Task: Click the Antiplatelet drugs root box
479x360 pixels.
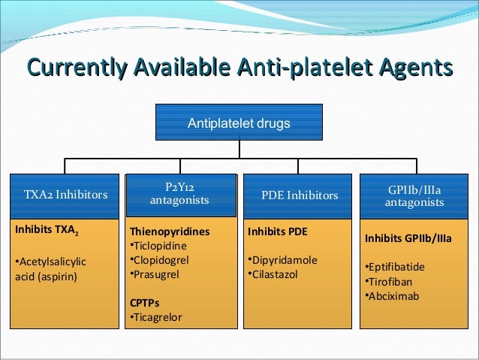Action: (x=239, y=123)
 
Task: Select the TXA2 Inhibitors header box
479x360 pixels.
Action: (x=65, y=195)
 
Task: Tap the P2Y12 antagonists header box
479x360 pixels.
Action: (x=180, y=195)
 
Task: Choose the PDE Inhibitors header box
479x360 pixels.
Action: (x=300, y=195)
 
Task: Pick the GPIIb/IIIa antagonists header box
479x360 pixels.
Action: (x=414, y=195)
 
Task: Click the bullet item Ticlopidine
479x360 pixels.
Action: (x=159, y=246)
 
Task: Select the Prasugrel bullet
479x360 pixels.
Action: (x=156, y=274)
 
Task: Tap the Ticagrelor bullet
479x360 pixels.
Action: (x=158, y=317)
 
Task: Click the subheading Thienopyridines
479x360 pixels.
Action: (x=170, y=231)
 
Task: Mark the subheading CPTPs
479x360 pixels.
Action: (x=145, y=303)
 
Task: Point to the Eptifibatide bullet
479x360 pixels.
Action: (x=396, y=267)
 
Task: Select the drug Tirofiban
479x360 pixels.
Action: (x=390, y=281)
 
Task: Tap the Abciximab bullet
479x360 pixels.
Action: (x=393, y=295)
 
